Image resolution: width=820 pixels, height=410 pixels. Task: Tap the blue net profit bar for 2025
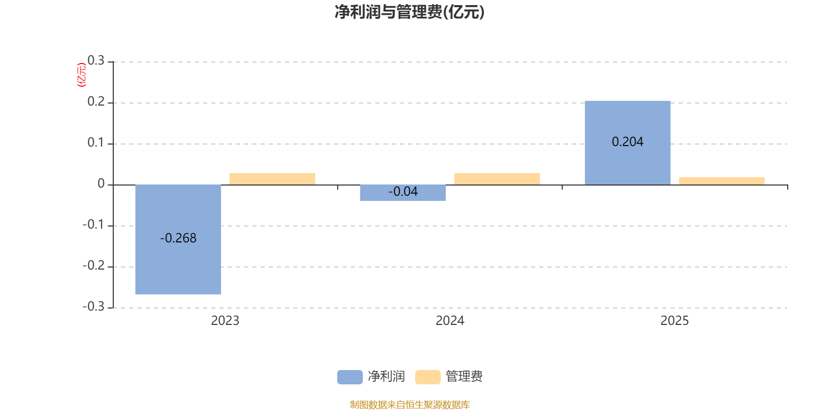pyautogui.click(x=627, y=118)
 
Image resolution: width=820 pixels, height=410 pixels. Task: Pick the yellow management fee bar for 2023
pyautogui.click(x=272, y=178)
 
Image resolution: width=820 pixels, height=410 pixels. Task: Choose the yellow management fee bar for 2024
pyautogui.click(x=497, y=178)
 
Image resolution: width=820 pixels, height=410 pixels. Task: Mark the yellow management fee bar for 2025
pyautogui.click(x=722, y=180)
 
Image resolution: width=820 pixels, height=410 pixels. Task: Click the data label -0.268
pyautogui.click(x=178, y=238)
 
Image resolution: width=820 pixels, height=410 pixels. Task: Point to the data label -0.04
pyautogui.click(x=403, y=192)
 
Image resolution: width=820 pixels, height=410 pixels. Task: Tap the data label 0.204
pyautogui.click(x=627, y=142)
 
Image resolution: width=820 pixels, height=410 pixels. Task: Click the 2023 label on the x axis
pyautogui.click(x=225, y=321)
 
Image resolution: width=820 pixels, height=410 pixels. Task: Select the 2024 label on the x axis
pyautogui.click(x=449, y=321)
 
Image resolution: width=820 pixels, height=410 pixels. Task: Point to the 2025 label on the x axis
pyautogui.click(x=674, y=321)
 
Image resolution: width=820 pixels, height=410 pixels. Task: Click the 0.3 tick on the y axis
pyautogui.click(x=96, y=61)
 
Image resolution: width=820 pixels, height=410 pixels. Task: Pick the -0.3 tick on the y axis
pyautogui.click(x=93, y=306)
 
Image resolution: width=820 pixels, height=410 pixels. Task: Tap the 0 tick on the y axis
pyautogui.click(x=101, y=184)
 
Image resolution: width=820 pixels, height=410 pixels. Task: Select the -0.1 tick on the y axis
pyautogui.click(x=93, y=224)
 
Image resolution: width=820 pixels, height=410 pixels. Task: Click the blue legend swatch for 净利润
pyautogui.click(x=350, y=377)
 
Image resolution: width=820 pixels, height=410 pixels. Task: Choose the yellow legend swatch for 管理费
pyautogui.click(x=427, y=377)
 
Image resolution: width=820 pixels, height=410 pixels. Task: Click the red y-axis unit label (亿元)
pyautogui.click(x=81, y=75)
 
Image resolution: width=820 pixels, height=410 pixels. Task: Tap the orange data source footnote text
pyautogui.click(x=409, y=405)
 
